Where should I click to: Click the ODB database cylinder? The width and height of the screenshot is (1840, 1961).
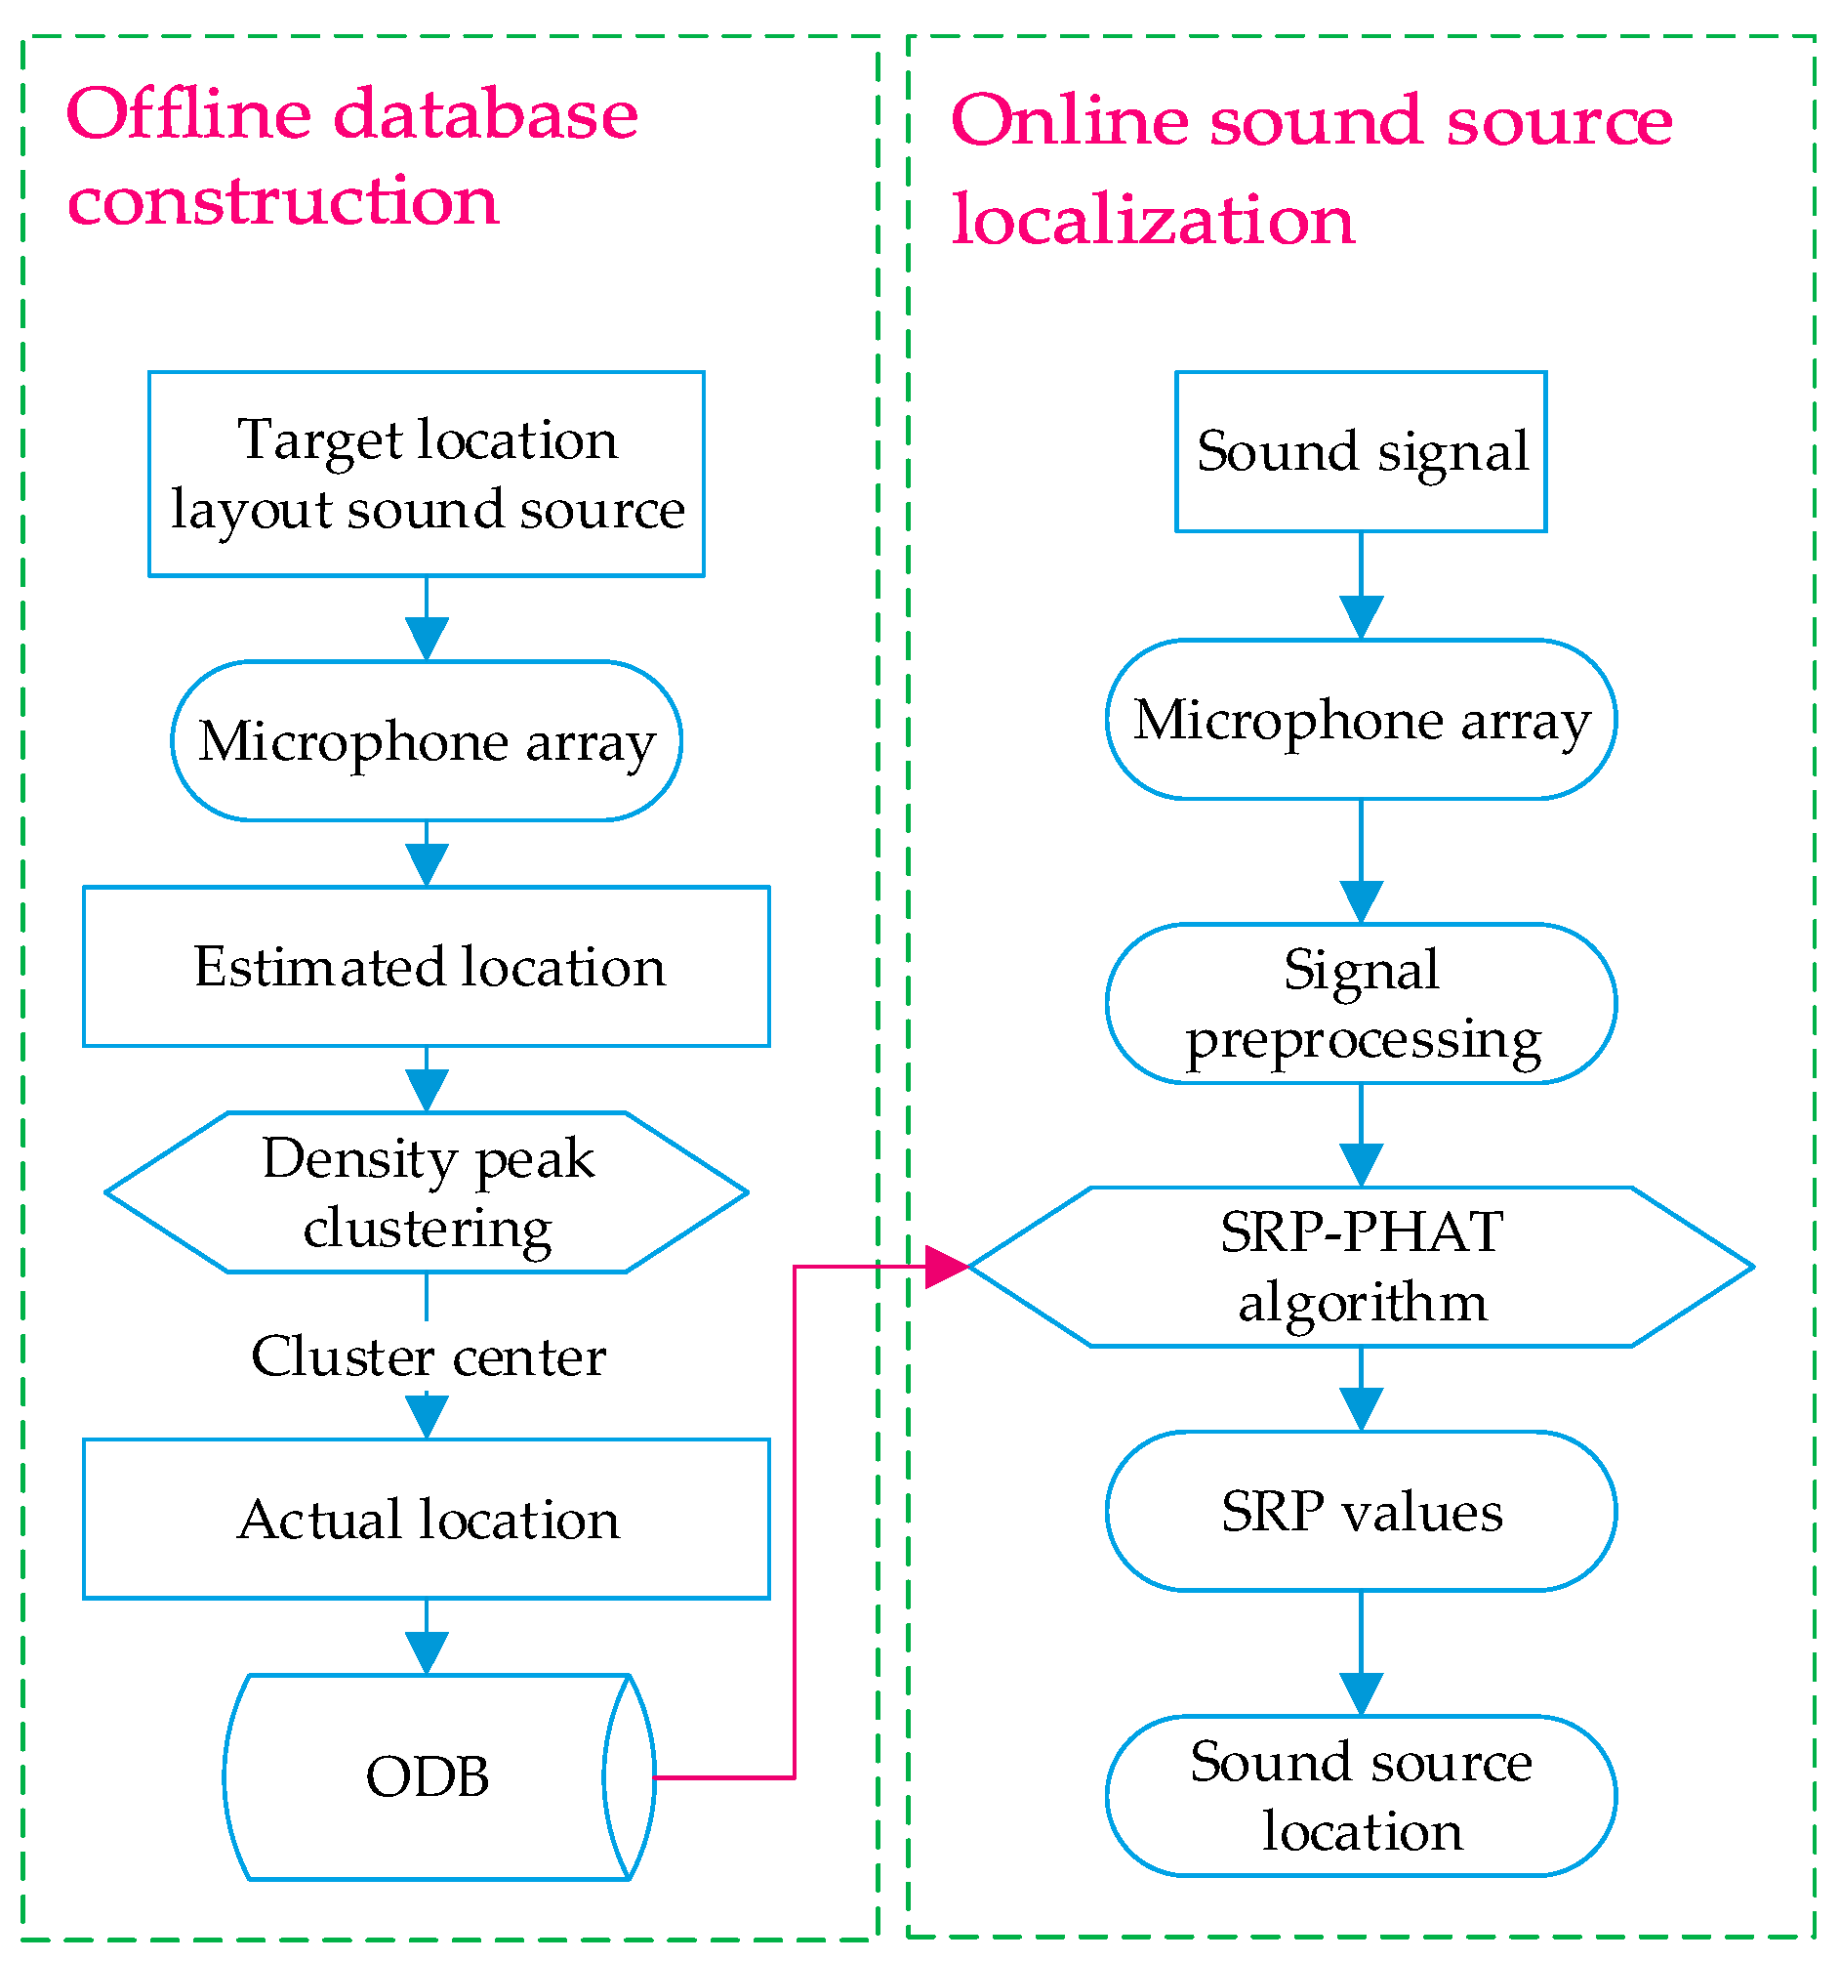[427, 1776]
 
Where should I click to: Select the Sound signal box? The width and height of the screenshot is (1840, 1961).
[1361, 451]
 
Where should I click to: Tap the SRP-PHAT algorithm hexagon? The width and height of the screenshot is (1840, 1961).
[1361, 1267]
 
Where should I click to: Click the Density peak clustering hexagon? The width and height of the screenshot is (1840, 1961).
[427, 1192]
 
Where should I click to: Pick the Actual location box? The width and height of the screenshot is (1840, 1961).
[427, 1518]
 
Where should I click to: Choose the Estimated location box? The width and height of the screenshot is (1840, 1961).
[427, 966]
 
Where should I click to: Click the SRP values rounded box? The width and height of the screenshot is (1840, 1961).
[1361, 1510]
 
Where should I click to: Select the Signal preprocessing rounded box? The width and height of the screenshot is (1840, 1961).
[1361, 1003]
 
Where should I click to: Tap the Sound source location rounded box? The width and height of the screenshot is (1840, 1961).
[1361, 1795]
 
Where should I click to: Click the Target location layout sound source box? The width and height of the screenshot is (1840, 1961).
[427, 474]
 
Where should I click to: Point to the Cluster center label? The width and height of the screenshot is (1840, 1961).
[427, 1356]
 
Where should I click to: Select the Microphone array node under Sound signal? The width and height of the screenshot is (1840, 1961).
[1361, 719]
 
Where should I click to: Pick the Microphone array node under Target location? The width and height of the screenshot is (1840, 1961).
[427, 741]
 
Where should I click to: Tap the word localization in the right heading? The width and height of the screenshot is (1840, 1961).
[1153, 219]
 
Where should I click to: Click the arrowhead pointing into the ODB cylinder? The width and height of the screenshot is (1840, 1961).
[427, 1652]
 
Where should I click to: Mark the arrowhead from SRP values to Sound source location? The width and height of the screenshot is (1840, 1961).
[1361, 1693]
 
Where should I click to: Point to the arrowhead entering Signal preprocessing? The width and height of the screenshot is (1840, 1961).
[1361, 901]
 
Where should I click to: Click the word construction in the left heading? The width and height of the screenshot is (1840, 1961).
[283, 200]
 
